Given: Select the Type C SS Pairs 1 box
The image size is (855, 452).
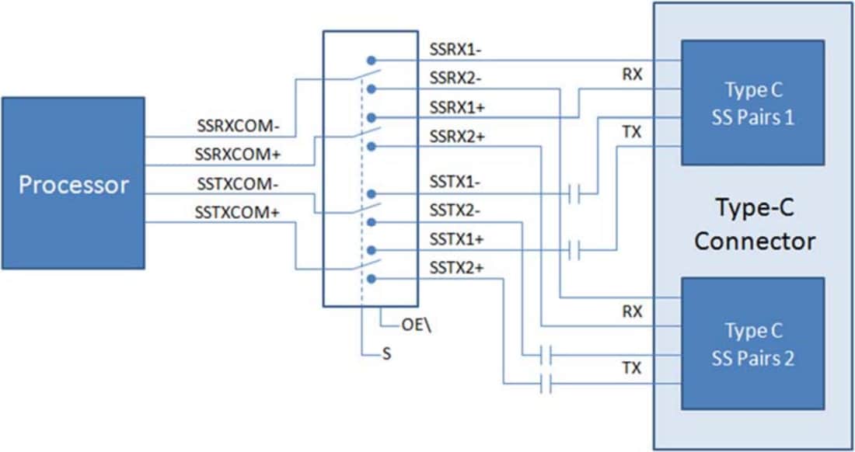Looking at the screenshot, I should pyautogui.click(x=752, y=103).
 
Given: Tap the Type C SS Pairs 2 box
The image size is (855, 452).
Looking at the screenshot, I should pyautogui.click(x=752, y=343).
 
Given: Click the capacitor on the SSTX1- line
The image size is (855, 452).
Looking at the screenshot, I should pyautogui.click(x=574, y=193).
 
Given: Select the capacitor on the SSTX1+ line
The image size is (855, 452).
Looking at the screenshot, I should pyautogui.click(x=574, y=250).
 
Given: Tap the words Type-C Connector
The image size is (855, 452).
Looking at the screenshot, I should pyautogui.click(x=754, y=224).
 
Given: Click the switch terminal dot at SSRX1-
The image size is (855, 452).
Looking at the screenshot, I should pyautogui.click(x=372, y=60).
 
